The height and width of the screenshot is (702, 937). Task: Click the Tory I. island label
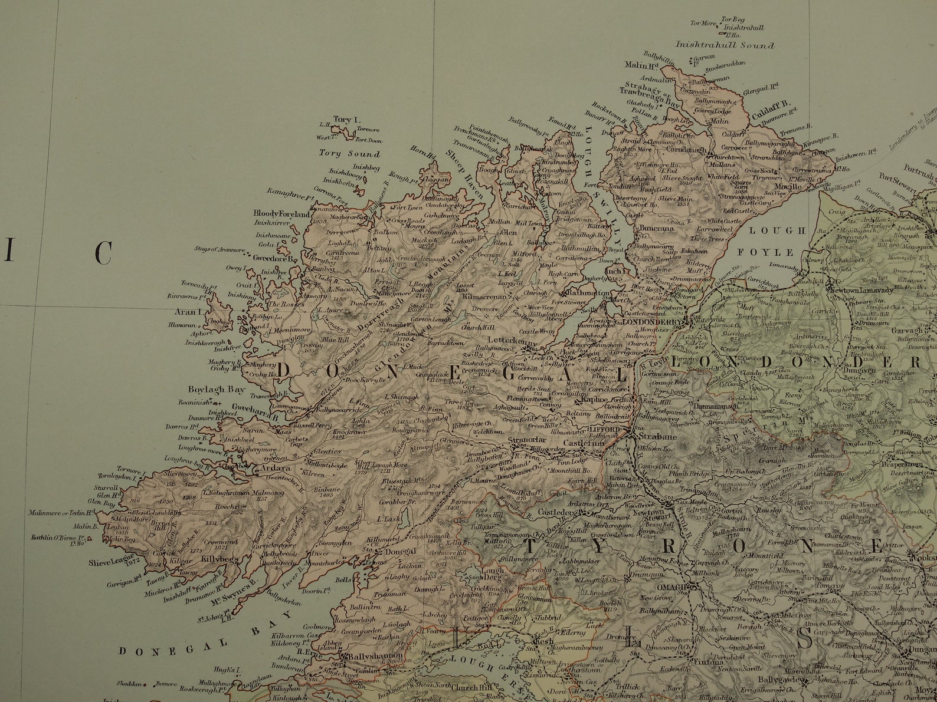point(342,118)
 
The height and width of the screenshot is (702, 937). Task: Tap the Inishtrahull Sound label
point(725,45)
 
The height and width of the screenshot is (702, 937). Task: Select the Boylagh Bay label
point(208,390)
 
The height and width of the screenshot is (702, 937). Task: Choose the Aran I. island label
point(186,310)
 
